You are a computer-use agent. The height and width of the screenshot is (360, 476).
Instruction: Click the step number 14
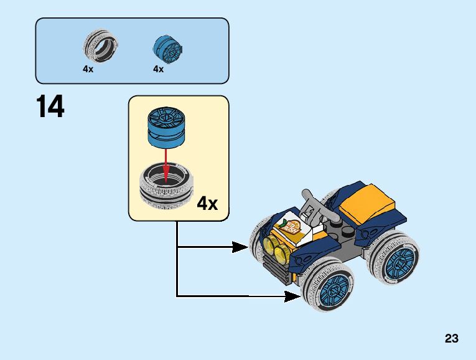pos(50,106)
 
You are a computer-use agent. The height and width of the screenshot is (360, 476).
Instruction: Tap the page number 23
pos(452,338)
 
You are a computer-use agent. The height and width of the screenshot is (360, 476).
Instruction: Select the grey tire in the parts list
pos(100,46)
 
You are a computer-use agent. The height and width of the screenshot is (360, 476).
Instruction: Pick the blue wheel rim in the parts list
pos(167,48)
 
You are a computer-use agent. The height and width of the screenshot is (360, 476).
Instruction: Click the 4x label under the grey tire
pos(88,69)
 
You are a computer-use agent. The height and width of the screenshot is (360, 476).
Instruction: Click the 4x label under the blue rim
pos(158,69)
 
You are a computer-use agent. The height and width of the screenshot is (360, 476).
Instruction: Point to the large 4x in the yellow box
pos(207,203)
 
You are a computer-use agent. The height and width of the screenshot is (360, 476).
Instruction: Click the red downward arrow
pos(166,165)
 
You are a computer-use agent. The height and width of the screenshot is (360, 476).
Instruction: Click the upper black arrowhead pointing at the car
pos(240,247)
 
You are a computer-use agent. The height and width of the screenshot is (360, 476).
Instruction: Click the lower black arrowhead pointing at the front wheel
pos(292,296)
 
